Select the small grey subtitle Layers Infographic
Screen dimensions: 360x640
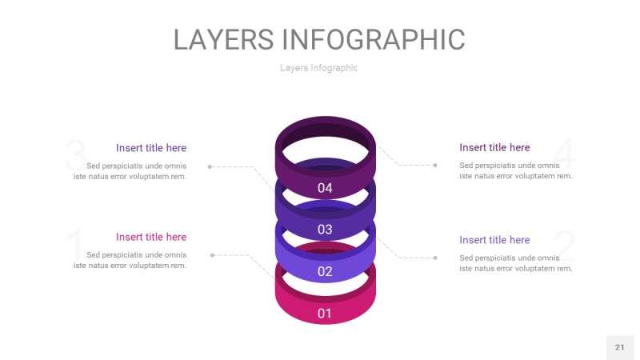[318, 68]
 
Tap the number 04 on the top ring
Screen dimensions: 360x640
[325, 189]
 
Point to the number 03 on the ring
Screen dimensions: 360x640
[325, 230]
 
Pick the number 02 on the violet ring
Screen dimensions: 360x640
[325, 272]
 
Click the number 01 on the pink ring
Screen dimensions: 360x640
[325, 314]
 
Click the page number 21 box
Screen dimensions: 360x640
[619, 347]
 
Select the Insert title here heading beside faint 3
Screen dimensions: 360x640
[151, 148]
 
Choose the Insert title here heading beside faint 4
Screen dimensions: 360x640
[494, 147]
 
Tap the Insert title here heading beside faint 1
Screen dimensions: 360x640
[151, 237]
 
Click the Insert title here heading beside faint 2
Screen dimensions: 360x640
[494, 240]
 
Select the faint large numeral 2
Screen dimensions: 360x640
[565, 246]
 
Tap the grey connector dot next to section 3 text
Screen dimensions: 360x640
[210, 166]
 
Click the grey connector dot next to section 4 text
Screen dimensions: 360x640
[435, 166]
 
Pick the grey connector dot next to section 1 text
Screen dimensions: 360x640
[212, 255]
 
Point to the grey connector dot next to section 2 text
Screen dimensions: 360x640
[435, 258]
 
